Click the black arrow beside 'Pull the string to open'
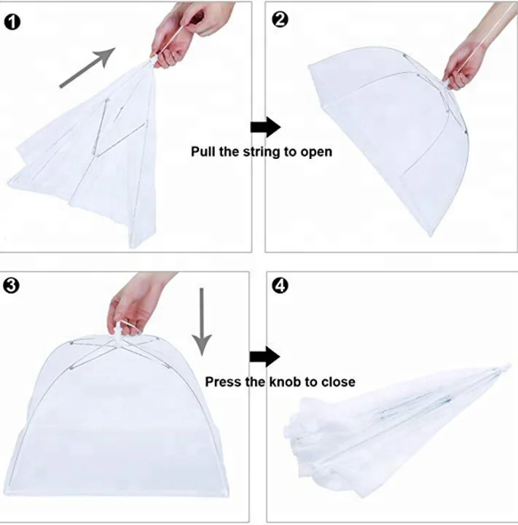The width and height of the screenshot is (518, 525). point(265,128)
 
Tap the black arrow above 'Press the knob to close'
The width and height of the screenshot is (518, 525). point(265,357)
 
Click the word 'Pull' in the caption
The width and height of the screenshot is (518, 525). point(203,152)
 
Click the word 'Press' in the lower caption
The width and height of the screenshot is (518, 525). point(223,381)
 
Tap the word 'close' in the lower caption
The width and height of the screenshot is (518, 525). point(339,381)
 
